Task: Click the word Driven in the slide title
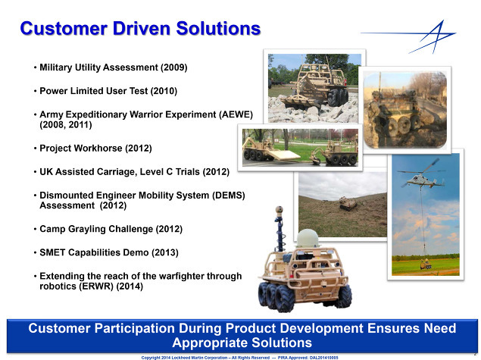click(142, 29)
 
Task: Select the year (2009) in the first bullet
click(174, 67)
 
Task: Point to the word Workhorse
click(100, 148)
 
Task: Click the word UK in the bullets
click(46, 171)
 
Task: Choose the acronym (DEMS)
click(229, 196)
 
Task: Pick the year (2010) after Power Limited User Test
click(164, 91)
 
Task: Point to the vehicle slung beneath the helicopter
click(426, 264)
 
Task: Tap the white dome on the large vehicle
click(308, 239)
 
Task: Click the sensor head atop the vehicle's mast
click(280, 210)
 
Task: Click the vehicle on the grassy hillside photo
click(348, 203)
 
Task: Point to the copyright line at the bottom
click(239, 358)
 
